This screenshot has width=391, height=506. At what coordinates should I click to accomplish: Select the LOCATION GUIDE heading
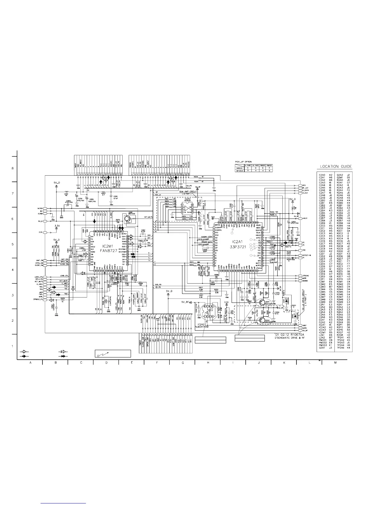coord(336,166)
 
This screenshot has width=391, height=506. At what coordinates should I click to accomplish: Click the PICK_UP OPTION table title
coord(244,162)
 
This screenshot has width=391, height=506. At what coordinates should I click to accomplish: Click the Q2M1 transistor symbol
coord(127,219)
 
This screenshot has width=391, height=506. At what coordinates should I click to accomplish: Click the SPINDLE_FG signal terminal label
coord(36,299)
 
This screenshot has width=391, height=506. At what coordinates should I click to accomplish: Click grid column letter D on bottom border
coord(106,362)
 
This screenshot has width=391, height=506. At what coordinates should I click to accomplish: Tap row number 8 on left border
coord(12,168)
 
